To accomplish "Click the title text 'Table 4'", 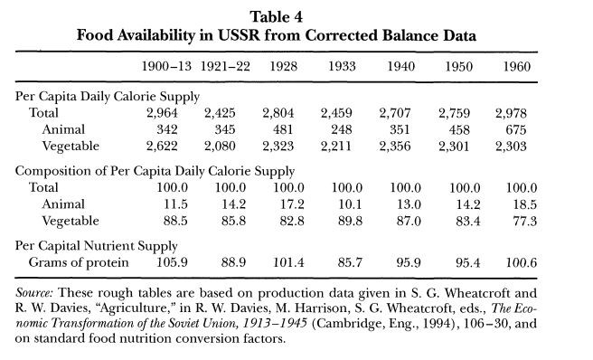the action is pyautogui.click(x=276, y=17).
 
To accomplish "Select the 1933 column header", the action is pyautogui.click(x=342, y=67).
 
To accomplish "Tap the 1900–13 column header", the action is pyautogui.click(x=166, y=67).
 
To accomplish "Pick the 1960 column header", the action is pyautogui.click(x=516, y=67).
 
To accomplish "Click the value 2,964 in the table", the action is pyautogui.click(x=162, y=113).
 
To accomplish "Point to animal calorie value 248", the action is pyautogui.click(x=342, y=129).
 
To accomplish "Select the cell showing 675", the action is pyautogui.click(x=516, y=129).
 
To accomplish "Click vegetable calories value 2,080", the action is pyautogui.click(x=220, y=147).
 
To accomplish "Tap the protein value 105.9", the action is pyautogui.click(x=172, y=262).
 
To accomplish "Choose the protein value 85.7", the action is pyautogui.click(x=350, y=262).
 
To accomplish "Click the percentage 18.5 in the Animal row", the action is pyautogui.click(x=524, y=204).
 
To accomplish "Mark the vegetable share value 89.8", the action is pyautogui.click(x=350, y=221).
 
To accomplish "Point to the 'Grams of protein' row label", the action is pyautogui.click(x=79, y=262).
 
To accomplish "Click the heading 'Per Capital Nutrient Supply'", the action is pyautogui.click(x=97, y=246).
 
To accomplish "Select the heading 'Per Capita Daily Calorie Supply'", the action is pyautogui.click(x=108, y=97).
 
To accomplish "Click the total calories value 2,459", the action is pyautogui.click(x=336, y=113).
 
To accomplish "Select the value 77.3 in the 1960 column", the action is pyautogui.click(x=524, y=221).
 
